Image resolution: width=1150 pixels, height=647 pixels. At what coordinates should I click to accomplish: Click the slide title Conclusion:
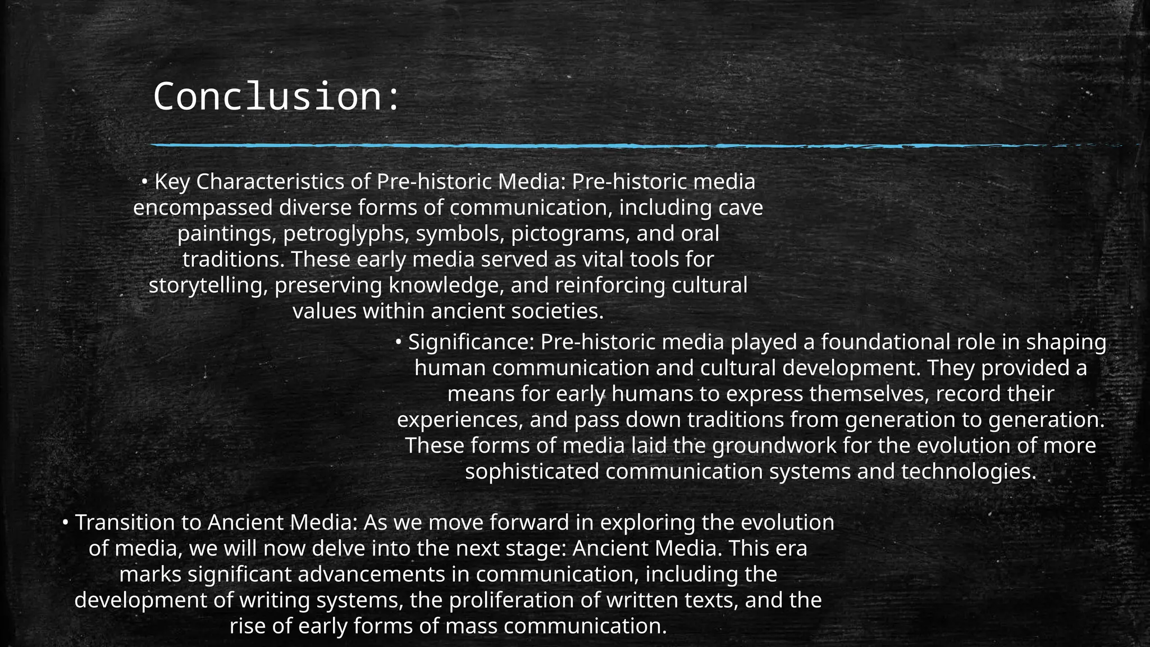[x=276, y=97]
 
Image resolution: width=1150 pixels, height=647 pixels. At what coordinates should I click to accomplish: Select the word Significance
[x=471, y=342]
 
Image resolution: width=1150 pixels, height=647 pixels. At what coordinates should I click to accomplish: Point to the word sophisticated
[x=532, y=471]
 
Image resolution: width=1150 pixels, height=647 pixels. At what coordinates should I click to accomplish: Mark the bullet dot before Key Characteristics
[x=144, y=181]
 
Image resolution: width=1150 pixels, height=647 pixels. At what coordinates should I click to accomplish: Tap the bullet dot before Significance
[x=398, y=341]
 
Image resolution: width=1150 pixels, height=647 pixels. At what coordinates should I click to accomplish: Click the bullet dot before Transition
[x=65, y=523]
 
